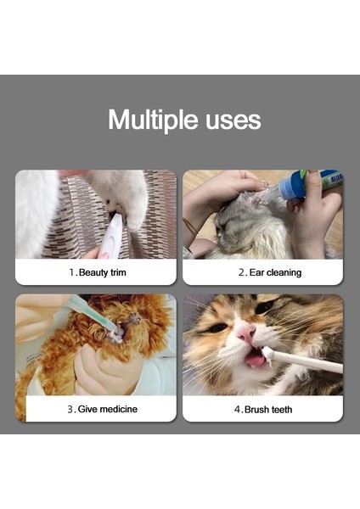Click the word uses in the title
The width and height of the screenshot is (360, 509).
click(x=229, y=120)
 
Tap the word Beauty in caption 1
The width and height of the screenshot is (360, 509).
click(x=94, y=272)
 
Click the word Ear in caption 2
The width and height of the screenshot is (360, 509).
click(x=256, y=272)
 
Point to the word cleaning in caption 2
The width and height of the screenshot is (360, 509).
click(x=284, y=272)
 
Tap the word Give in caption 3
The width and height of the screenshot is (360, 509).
click(x=88, y=409)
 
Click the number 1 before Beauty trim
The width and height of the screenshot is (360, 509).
click(x=70, y=272)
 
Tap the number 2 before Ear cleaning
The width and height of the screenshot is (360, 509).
click(x=241, y=272)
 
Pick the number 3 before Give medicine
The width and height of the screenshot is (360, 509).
click(x=70, y=409)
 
